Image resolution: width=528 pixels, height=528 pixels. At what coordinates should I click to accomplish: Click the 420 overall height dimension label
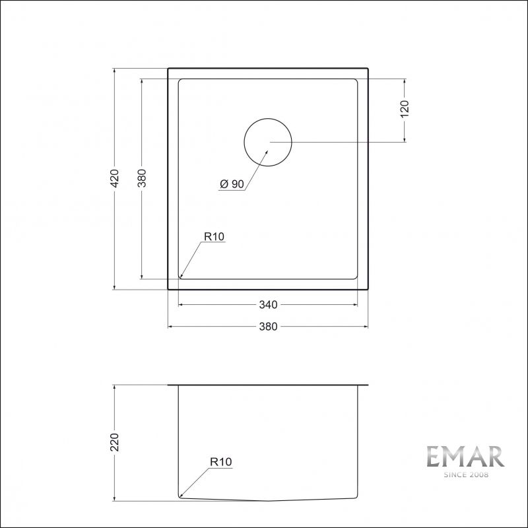coord(114,178)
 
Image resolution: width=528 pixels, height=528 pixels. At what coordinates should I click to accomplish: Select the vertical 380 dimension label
coord(141,178)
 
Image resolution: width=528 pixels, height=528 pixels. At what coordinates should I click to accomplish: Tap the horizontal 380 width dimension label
coord(268,326)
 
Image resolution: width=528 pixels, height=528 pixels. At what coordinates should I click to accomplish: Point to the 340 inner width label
coord(268,305)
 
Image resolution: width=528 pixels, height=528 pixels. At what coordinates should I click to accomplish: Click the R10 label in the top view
coord(214,236)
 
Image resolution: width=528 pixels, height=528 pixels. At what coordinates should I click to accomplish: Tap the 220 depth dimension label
coord(114,442)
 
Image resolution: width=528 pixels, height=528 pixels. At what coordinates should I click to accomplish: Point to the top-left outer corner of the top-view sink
coord(168,67)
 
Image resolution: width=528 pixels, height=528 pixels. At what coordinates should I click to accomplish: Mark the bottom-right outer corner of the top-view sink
coord(368,290)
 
